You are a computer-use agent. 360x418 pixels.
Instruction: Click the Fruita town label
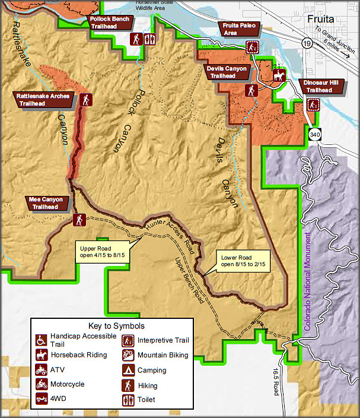point(321,19)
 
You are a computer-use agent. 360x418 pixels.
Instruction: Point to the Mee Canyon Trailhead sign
point(46,203)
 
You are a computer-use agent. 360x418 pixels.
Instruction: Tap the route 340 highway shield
point(314,134)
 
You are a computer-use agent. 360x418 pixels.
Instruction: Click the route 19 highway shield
point(306,43)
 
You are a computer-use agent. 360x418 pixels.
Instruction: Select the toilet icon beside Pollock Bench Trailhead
point(149,39)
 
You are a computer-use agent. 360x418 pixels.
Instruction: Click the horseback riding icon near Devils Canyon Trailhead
point(279,75)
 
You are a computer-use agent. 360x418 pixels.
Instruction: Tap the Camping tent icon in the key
point(127,370)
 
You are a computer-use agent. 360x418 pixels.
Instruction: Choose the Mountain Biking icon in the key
point(127,355)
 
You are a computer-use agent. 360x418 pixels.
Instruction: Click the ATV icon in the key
point(41,370)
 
